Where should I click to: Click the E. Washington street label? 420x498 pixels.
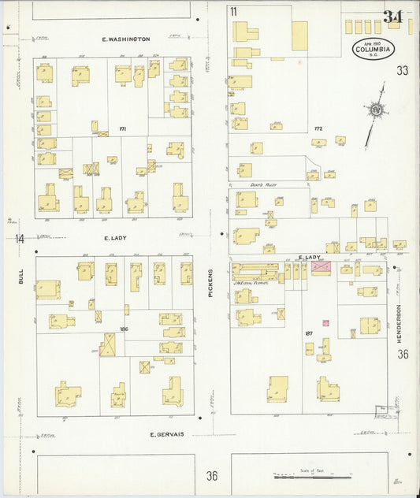pos(126,39)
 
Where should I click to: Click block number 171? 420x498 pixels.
pos(122,128)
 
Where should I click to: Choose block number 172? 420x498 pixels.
pos(318,128)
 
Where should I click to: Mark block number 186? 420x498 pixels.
pos(124,330)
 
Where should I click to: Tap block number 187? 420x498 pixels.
pos(309,334)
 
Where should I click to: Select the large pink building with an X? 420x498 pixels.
pos(322,269)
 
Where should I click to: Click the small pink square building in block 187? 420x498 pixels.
pos(325,323)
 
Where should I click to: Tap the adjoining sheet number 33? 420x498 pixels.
pos(403,71)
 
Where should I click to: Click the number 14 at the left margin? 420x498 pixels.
pos(19,239)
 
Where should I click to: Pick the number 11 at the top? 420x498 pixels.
pos(234,11)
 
